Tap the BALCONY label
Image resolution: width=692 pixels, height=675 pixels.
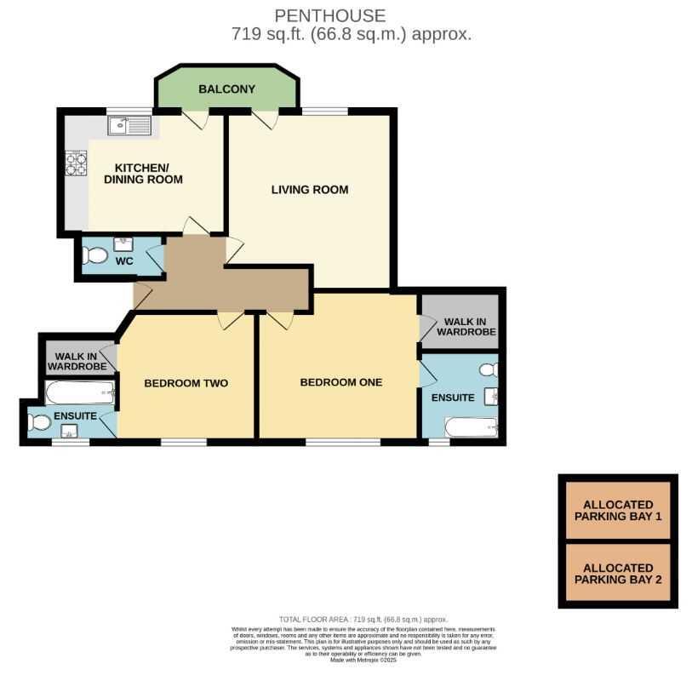click(x=226, y=89)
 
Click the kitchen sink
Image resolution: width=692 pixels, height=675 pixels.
click(x=129, y=127)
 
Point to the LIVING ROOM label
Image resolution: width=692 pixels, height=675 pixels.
click(x=310, y=190)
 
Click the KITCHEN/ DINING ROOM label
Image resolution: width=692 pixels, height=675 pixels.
click(x=143, y=173)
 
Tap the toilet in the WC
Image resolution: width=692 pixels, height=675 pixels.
click(x=96, y=255)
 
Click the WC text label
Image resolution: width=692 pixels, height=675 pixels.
click(x=124, y=260)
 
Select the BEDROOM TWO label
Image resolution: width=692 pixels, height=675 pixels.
click(x=186, y=383)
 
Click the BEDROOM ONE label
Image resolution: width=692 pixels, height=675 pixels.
click(x=341, y=382)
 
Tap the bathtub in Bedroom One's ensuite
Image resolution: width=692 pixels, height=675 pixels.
click(x=471, y=426)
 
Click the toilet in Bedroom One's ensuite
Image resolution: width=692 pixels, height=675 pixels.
click(x=488, y=370)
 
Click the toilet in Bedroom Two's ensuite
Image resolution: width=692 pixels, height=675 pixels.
click(x=38, y=421)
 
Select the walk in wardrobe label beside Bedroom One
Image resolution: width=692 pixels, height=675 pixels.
click(x=466, y=327)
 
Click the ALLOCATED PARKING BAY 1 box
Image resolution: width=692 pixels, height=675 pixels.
click(x=618, y=511)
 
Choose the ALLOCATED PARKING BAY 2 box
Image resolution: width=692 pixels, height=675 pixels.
click(x=618, y=574)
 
